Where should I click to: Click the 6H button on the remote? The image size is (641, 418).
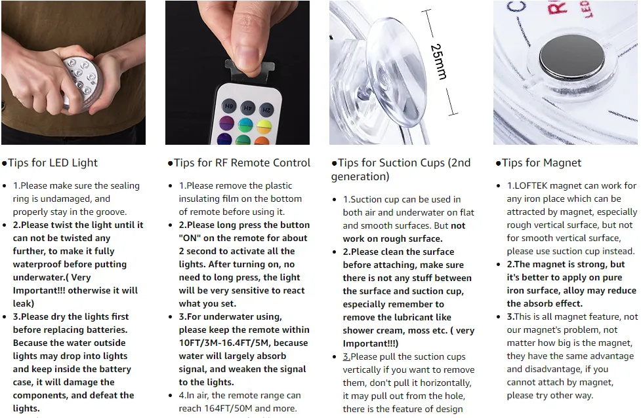[228, 106]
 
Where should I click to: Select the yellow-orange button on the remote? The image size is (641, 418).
[264, 126]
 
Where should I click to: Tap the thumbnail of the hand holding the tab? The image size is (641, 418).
[238, 73]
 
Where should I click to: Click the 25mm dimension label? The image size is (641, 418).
[439, 62]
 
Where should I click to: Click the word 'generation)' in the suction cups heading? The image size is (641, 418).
[360, 177]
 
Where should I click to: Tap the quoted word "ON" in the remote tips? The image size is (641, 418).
[190, 238]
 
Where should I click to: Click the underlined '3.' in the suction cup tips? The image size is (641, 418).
[346, 356]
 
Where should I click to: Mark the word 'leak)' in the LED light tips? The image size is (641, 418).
[24, 304]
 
